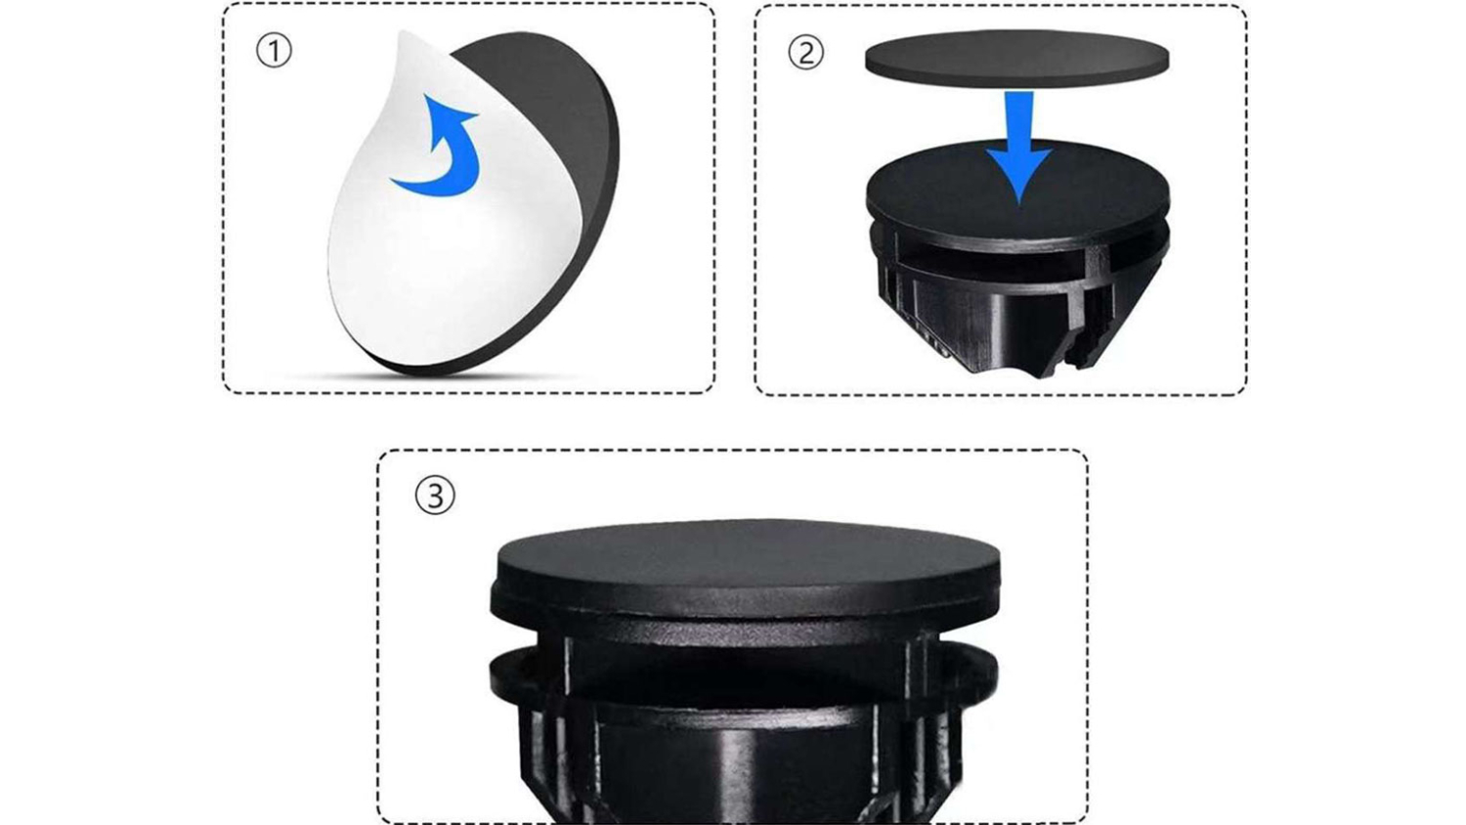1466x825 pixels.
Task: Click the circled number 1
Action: click(274, 51)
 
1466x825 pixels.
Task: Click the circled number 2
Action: click(805, 53)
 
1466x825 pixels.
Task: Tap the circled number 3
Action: click(435, 496)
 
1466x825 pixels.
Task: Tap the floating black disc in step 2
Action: click(1017, 58)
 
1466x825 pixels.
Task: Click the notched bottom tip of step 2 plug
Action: click(1054, 364)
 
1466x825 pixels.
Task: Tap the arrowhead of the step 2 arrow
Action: click(1019, 174)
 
